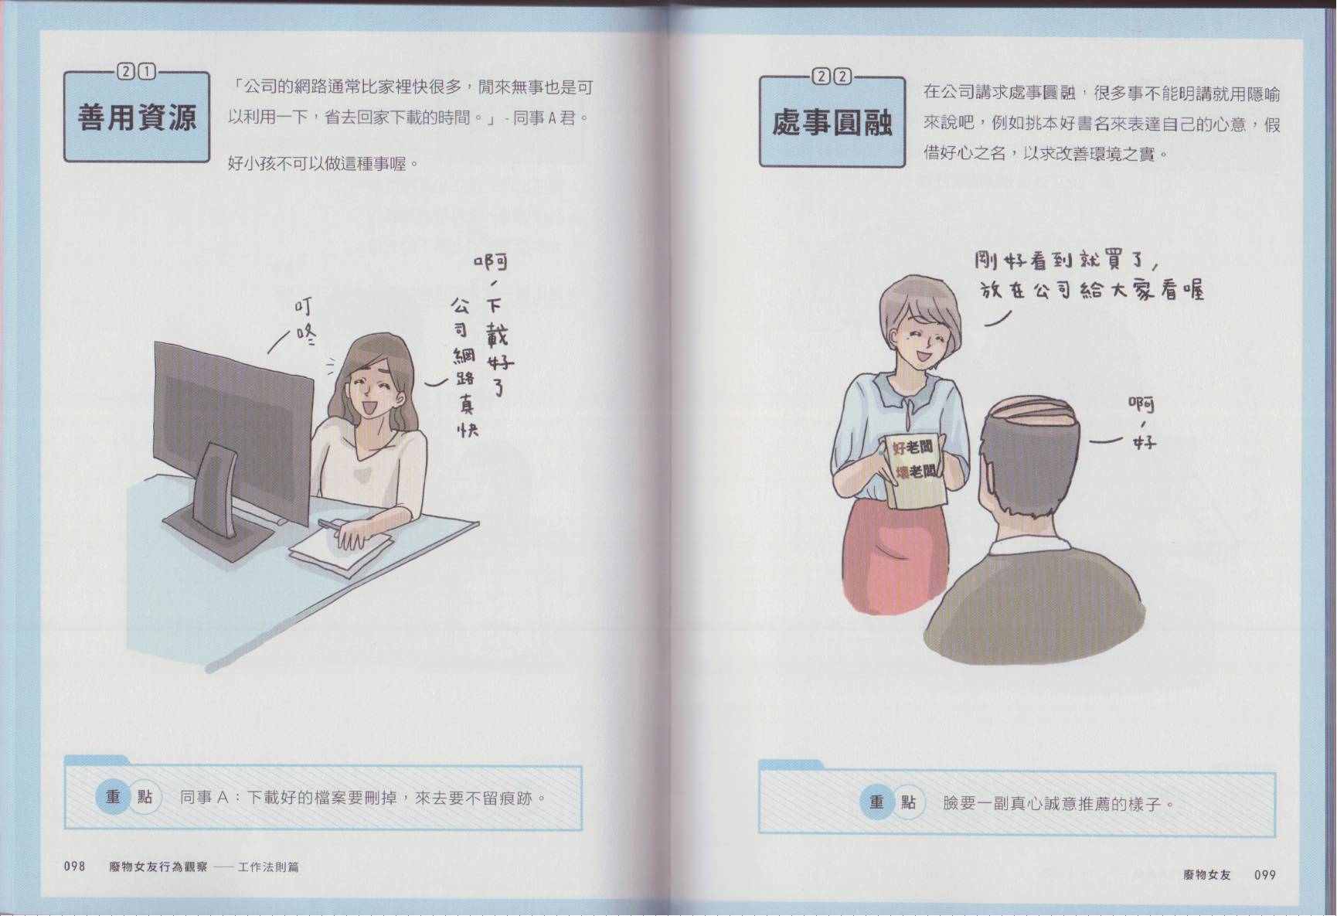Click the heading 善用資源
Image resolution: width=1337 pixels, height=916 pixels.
(137, 118)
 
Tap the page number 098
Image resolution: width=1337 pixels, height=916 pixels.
(74, 867)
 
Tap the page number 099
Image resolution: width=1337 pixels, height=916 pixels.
(1265, 875)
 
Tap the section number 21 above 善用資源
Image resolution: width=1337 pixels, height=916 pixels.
(136, 72)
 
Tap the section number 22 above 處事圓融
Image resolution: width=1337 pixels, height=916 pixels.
(832, 77)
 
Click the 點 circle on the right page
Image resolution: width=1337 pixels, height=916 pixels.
(909, 802)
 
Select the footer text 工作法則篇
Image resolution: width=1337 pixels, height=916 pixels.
(268, 867)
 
